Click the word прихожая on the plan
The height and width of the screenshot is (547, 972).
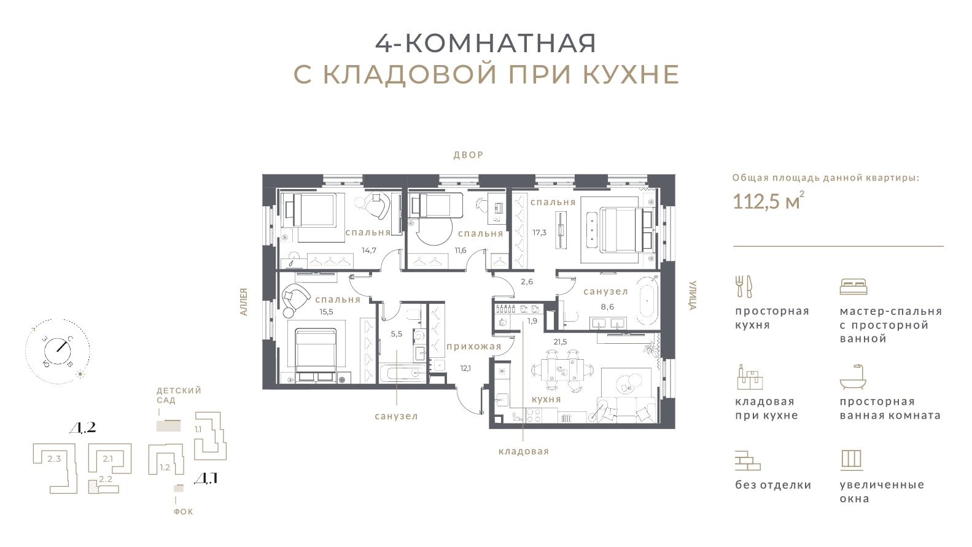(x=473, y=346)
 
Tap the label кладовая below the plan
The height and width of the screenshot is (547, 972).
(x=523, y=451)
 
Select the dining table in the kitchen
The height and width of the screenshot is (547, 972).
(x=564, y=371)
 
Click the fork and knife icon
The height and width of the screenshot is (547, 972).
(x=744, y=286)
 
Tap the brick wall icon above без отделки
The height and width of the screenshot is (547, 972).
(x=747, y=460)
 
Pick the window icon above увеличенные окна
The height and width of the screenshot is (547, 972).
(x=851, y=459)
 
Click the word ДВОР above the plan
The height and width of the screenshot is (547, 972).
(x=469, y=155)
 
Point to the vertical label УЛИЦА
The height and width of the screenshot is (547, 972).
(x=693, y=295)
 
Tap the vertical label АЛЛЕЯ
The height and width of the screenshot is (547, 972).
(x=243, y=302)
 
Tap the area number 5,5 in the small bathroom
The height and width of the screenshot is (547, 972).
(x=396, y=334)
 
